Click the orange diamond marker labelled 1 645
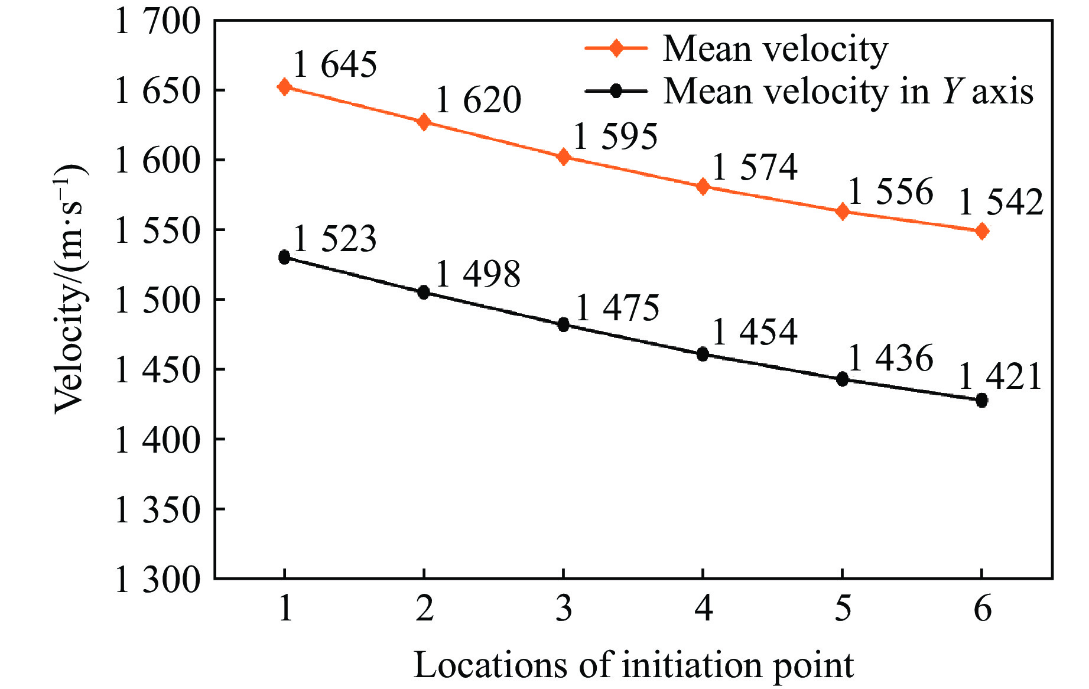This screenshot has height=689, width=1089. (284, 87)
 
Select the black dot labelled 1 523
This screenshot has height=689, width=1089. (284, 257)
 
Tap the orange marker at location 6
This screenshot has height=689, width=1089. (981, 231)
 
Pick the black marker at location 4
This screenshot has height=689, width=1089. (703, 355)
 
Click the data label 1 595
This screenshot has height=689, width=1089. (615, 136)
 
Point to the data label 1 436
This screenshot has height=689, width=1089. (890, 358)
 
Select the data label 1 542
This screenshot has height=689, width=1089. (1000, 203)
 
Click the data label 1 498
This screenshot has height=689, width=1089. (478, 274)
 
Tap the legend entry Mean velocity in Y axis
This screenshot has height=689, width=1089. (848, 92)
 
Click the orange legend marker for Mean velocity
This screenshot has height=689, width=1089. (616, 48)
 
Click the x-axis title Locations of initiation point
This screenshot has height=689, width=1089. (633, 665)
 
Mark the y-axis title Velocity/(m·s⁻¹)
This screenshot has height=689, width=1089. (70, 290)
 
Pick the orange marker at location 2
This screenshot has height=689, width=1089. (424, 122)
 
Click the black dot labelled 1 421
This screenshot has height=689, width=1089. (981, 400)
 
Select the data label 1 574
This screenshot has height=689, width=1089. (755, 167)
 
